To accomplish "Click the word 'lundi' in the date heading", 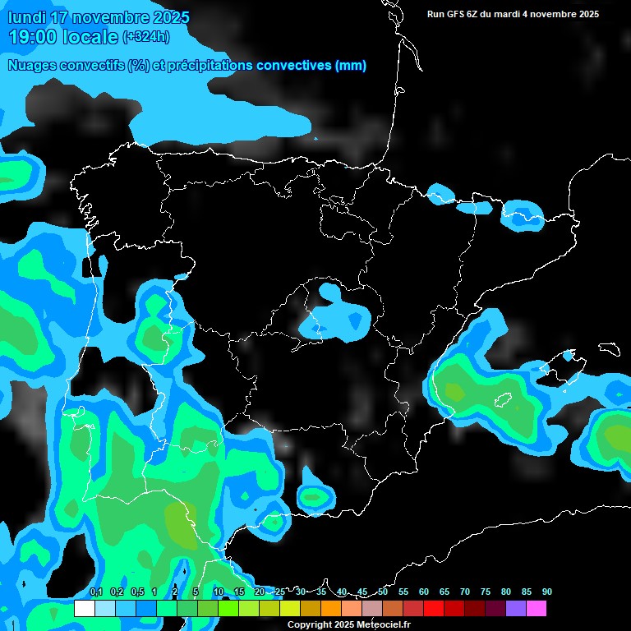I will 28,17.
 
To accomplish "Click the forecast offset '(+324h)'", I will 146,36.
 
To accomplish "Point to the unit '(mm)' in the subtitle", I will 351,66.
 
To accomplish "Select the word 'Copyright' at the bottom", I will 311,625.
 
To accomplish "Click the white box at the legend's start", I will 84,609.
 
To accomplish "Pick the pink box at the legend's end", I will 537,609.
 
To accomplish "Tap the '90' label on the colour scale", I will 547,592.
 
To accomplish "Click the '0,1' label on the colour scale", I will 96,592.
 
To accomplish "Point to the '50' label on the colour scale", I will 383,592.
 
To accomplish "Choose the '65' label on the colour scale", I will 444,592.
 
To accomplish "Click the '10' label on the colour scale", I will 219,592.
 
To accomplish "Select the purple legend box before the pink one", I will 516,609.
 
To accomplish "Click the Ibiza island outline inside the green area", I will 503,400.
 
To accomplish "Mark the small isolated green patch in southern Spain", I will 313,496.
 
